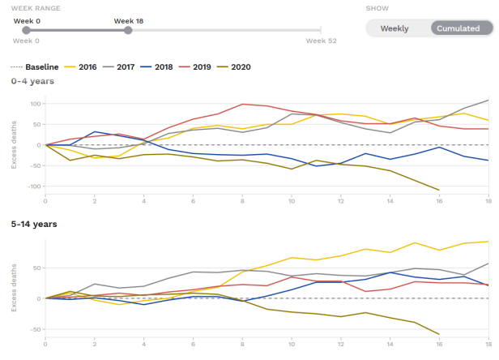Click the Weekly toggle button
[x=395, y=28]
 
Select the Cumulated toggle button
[x=458, y=28]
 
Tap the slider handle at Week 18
[x=128, y=31]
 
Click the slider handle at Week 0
[x=27, y=31]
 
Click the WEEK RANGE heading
[x=36, y=7]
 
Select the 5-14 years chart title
[x=33, y=223]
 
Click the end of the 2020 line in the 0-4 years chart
[x=439, y=190]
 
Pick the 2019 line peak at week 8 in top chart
[x=242, y=104]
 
